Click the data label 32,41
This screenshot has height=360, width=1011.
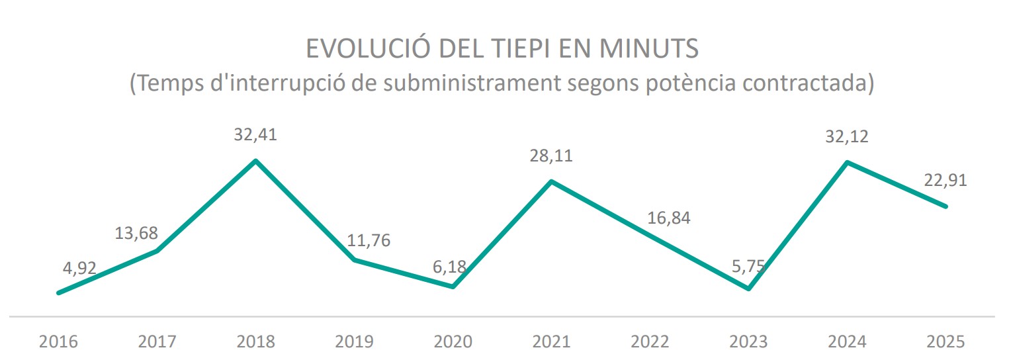point(255,136)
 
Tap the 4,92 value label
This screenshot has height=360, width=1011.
point(78,268)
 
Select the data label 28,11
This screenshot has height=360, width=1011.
point(551,157)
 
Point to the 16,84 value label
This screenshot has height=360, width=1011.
point(669,218)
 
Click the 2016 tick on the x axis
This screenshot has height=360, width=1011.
point(59,342)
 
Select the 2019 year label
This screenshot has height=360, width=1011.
point(355,342)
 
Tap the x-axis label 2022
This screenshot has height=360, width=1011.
point(650,342)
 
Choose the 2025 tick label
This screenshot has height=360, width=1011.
point(945,342)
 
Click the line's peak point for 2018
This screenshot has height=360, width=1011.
point(256,161)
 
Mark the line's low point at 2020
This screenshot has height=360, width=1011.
point(453,287)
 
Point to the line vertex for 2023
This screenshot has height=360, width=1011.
point(748,289)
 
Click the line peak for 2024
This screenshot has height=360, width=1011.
point(848,161)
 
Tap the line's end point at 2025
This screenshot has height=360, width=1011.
point(945,206)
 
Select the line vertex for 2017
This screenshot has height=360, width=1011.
point(157,250)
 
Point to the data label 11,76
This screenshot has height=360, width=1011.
point(369,240)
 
